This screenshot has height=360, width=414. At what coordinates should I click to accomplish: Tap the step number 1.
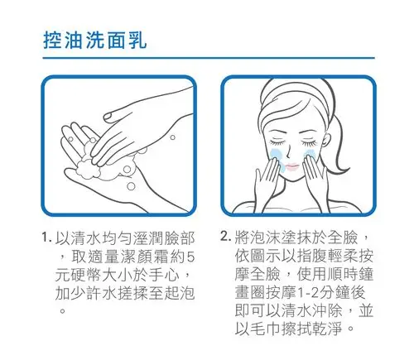(47, 238)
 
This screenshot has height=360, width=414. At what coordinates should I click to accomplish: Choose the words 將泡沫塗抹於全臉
(294, 237)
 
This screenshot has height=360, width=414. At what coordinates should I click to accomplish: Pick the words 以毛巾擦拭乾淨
(289, 329)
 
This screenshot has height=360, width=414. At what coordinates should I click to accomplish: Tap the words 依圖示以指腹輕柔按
(307, 255)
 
